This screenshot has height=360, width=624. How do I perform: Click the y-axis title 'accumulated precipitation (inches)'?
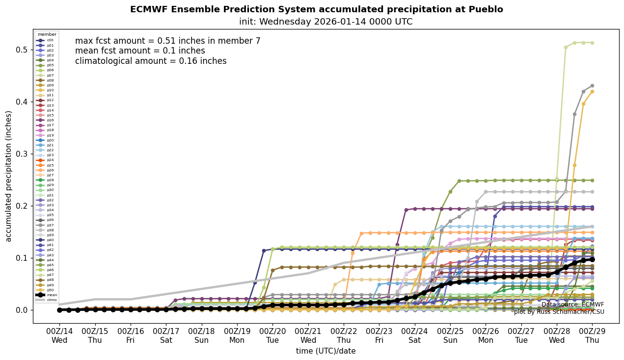8,176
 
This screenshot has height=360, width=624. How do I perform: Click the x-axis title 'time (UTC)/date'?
326,351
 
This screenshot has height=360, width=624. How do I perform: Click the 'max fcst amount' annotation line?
167,41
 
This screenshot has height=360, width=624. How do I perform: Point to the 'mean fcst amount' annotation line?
140,51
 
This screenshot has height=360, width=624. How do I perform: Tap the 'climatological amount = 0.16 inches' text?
151,61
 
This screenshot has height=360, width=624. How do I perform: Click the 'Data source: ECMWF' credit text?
572,305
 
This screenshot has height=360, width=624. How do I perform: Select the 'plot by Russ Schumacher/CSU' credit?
559,312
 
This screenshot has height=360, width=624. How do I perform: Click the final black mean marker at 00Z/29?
592,259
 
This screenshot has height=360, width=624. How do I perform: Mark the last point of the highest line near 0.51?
592,43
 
